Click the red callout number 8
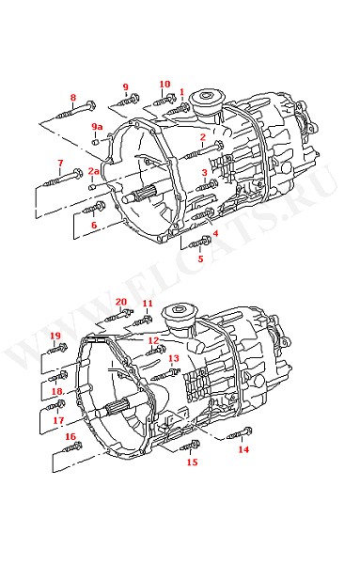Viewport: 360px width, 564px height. pyautogui.click(x=73, y=97)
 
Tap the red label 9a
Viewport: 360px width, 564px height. pyautogui.click(x=97, y=126)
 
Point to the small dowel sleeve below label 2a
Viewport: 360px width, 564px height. pyautogui.click(x=92, y=187)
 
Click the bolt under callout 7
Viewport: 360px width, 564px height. pyautogui.click(x=63, y=178)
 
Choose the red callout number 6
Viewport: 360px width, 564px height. pyautogui.click(x=94, y=226)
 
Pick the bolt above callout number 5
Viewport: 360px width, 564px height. pyautogui.click(x=199, y=243)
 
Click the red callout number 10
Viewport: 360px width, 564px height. pyautogui.click(x=164, y=85)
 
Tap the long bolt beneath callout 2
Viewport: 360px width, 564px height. pyautogui.click(x=203, y=150)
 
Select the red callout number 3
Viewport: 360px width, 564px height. pyautogui.click(x=204, y=173)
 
